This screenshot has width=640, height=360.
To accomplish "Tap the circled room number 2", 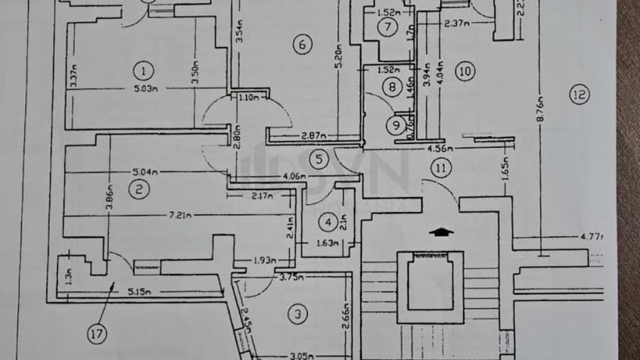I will (139, 189).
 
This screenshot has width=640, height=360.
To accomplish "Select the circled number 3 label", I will (298, 313).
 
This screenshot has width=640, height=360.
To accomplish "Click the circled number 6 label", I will (302, 45).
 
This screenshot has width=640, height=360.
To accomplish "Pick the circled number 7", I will (388, 28).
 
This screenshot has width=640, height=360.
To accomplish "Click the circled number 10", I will (466, 70).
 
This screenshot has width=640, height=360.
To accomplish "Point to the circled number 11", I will (441, 169).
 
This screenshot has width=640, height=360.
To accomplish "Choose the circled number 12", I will (580, 94).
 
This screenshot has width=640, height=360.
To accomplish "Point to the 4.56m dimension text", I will (438, 148).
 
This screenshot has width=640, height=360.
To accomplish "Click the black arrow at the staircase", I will (442, 231).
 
